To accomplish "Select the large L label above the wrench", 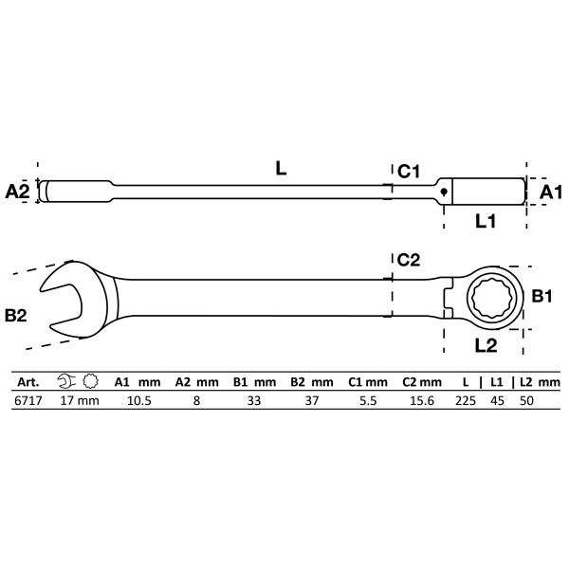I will [x=281, y=168].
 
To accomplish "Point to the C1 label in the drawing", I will [x=409, y=171].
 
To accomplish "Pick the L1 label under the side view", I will [x=486, y=220].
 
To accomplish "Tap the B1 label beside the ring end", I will [x=541, y=298].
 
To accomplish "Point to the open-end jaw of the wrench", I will [x=63, y=294].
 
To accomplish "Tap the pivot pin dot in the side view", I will [x=443, y=191].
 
